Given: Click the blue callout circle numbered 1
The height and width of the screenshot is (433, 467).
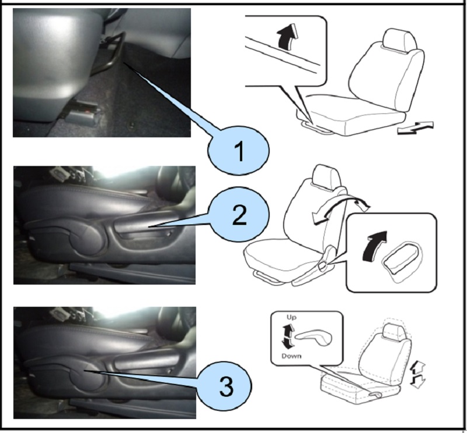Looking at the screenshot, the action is coord(238,150).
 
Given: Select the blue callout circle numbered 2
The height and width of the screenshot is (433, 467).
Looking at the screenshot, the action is coord(239,214).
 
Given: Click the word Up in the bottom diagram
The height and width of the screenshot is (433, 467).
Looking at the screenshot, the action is coord(291,317).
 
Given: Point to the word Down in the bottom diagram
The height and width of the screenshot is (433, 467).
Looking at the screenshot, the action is coord(291,356).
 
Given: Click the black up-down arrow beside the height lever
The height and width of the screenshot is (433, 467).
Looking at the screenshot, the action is coord(287,337).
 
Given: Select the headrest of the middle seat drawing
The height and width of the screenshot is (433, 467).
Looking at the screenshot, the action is coord(326,176).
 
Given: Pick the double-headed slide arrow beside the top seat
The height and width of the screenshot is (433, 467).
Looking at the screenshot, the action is coord(416,127).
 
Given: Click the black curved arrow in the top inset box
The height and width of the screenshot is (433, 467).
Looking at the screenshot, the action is coord(287,37).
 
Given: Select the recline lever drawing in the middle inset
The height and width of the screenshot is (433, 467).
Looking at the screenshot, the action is coord(403,261).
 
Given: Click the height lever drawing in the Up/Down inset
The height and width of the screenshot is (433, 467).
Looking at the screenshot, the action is coord(313,338).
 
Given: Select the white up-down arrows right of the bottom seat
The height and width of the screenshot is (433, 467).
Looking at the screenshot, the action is coord(417,376).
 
